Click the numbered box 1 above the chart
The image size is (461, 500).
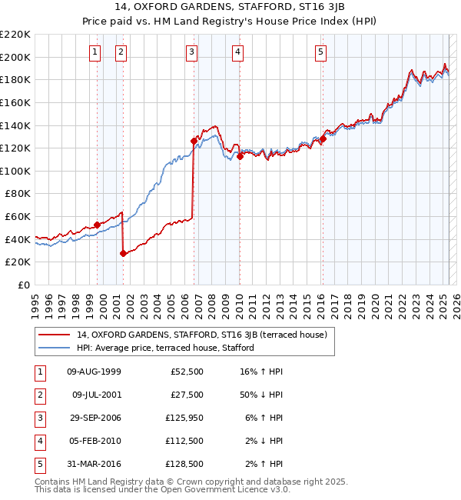[95, 52]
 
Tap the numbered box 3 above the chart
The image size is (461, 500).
[191, 52]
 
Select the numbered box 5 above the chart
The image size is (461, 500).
[320, 52]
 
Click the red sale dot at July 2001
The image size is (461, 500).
[123, 252]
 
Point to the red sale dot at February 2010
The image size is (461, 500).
[240, 156]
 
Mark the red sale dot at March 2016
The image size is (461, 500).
[323, 138]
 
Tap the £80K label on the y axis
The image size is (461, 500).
[18, 194]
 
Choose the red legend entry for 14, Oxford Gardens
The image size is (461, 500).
[203, 335]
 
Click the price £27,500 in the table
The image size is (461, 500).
[186, 395]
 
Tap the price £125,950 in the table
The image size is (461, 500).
[184, 418]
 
